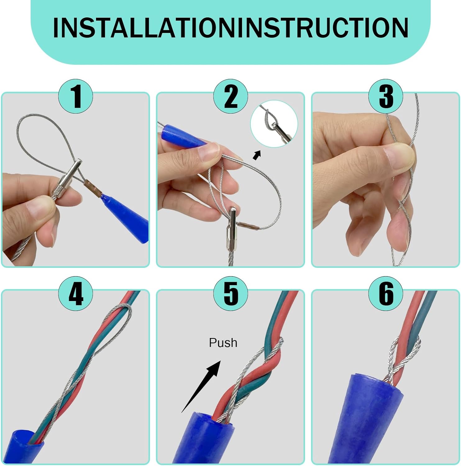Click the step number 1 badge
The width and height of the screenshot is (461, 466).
76,96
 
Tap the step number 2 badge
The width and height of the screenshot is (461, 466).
230,96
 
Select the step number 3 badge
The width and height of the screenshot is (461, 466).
386,96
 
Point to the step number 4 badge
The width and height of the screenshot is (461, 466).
76,294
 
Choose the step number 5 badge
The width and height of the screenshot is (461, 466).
230,294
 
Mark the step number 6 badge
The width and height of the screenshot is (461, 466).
386,294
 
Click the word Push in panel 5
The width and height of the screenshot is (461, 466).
223,343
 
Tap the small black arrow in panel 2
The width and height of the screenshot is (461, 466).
257,155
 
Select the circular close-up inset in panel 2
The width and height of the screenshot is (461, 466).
274,124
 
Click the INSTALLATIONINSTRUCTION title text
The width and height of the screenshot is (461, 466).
230,28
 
